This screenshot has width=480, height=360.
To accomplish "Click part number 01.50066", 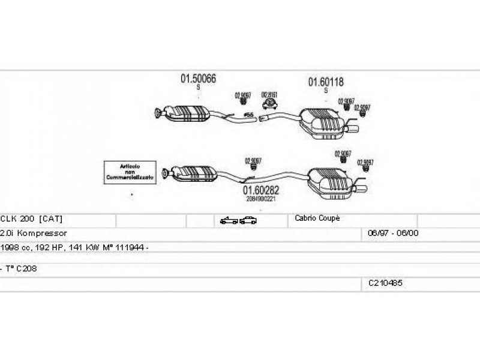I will [x=199, y=78].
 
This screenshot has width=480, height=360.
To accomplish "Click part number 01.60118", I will [x=326, y=82].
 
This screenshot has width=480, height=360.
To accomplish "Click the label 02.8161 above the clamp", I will [x=269, y=95].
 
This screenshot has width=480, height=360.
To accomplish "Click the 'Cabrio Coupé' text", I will [x=317, y=218].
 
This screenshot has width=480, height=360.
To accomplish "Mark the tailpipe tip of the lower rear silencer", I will [x=364, y=191].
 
